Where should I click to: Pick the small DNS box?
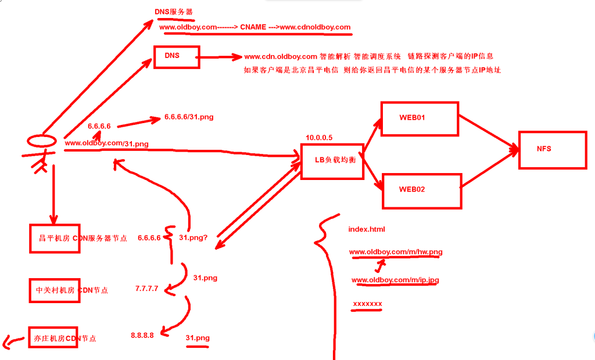pos(176,56)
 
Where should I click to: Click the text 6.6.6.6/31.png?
pos(189,117)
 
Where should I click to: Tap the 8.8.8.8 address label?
pos(142,335)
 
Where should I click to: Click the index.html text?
pos(367,229)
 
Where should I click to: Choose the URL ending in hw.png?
pos(396,252)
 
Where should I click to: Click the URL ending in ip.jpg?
pos(395,280)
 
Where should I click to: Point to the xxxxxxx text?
pos(367,304)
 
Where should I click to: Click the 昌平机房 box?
pos(55,238)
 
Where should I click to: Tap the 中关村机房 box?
pos(53,289)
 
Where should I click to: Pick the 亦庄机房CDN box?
pos(52,338)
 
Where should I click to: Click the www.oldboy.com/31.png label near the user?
pos(106,143)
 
